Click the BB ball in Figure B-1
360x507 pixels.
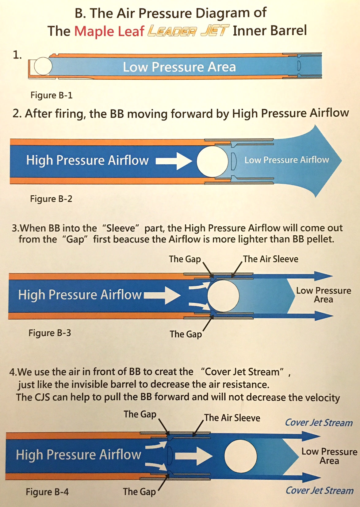43,66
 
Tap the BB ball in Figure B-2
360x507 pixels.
213,161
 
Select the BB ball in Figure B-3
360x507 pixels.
223,295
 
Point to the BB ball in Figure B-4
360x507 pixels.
241,456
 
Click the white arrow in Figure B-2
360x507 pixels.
174,161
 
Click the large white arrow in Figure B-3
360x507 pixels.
162,295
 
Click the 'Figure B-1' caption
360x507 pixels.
52,95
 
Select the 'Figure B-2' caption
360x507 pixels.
51,199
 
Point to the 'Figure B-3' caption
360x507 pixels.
50,333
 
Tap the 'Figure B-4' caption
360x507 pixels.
47,492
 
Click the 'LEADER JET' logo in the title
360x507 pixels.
188,31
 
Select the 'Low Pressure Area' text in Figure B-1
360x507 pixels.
179,67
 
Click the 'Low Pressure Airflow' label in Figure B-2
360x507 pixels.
287,160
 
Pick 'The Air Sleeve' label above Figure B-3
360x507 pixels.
270,259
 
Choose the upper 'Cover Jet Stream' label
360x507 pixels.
319,423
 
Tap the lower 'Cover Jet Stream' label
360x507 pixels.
320,490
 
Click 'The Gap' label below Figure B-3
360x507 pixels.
186,334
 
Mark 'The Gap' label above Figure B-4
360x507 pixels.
140,414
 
